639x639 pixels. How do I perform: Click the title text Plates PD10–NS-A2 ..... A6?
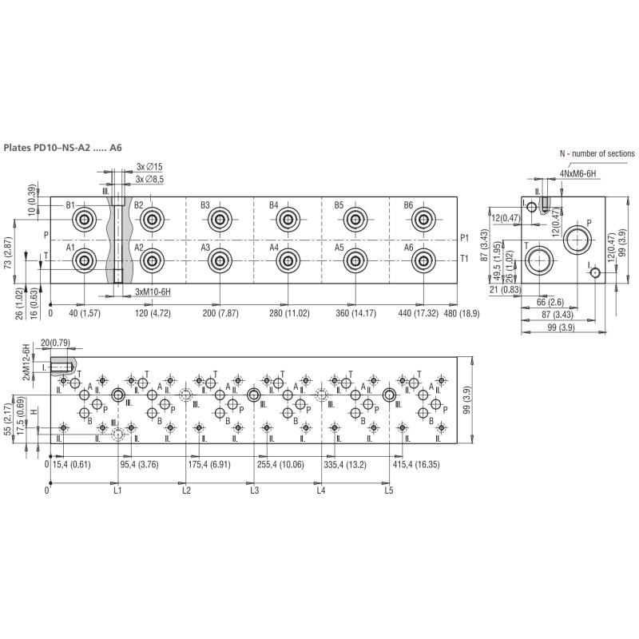click(62, 148)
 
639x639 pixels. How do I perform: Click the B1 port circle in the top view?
click(85, 220)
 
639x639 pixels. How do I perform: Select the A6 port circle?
click(423, 261)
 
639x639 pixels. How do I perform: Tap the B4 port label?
click(273, 205)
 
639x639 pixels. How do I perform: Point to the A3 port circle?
click(220, 261)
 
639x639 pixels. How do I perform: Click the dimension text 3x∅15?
click(149, 167)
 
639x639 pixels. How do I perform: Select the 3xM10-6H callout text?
click(153, 292)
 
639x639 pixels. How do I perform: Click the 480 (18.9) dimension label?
click(462, 313)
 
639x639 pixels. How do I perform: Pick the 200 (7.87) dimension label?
click(220, 313)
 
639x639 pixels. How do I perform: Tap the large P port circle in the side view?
click(577, 240)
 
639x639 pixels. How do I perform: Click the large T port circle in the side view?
click(539, 261)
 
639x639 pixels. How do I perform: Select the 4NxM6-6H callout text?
click(577, 174)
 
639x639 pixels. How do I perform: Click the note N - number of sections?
click(597, 153)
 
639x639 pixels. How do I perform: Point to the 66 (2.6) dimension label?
click(550, 302)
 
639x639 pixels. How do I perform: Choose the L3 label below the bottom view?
click(254, 490)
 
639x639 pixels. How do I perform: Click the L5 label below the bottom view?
click(389, 490)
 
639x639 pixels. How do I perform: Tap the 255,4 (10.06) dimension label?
click(281, 465)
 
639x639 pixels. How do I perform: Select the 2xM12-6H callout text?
click(26, 363)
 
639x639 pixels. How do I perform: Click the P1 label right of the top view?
click(465, 238)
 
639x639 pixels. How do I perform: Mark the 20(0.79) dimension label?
click(55, 343)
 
